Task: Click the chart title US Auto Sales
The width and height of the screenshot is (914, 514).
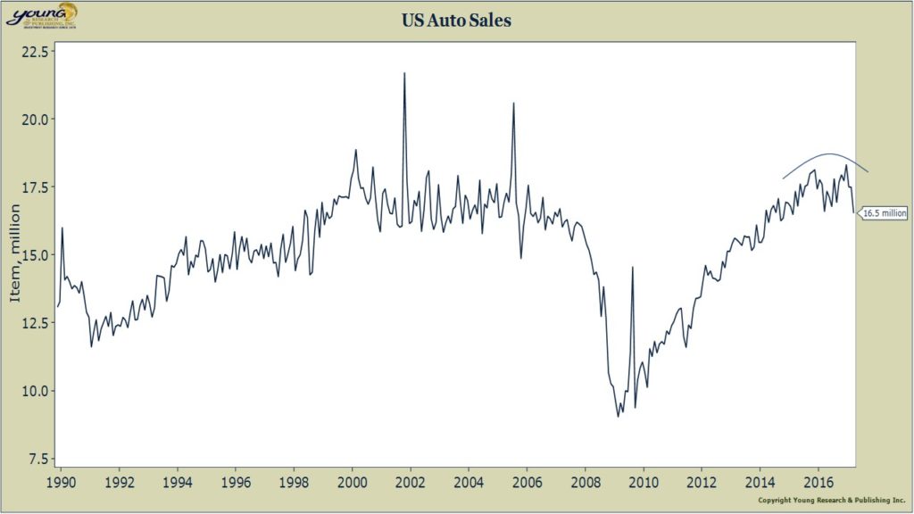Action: point(456,21)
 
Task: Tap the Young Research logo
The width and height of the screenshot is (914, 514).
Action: point(42,14)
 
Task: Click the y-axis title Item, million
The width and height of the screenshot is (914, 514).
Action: point(15,253)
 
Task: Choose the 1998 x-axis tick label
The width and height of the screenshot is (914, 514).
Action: point(295,483)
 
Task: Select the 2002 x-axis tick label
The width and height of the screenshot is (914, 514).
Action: point(411,483)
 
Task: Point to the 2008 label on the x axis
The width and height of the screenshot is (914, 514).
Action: point(586,483)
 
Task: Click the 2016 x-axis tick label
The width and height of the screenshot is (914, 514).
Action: point(818,483)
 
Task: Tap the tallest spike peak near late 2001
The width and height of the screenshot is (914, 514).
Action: point(404,73)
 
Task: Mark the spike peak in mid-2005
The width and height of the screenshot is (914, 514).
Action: point(513,104)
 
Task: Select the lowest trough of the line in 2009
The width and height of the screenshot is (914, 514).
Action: point(618,417)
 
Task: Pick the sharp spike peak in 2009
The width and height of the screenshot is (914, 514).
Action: point(632,267)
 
